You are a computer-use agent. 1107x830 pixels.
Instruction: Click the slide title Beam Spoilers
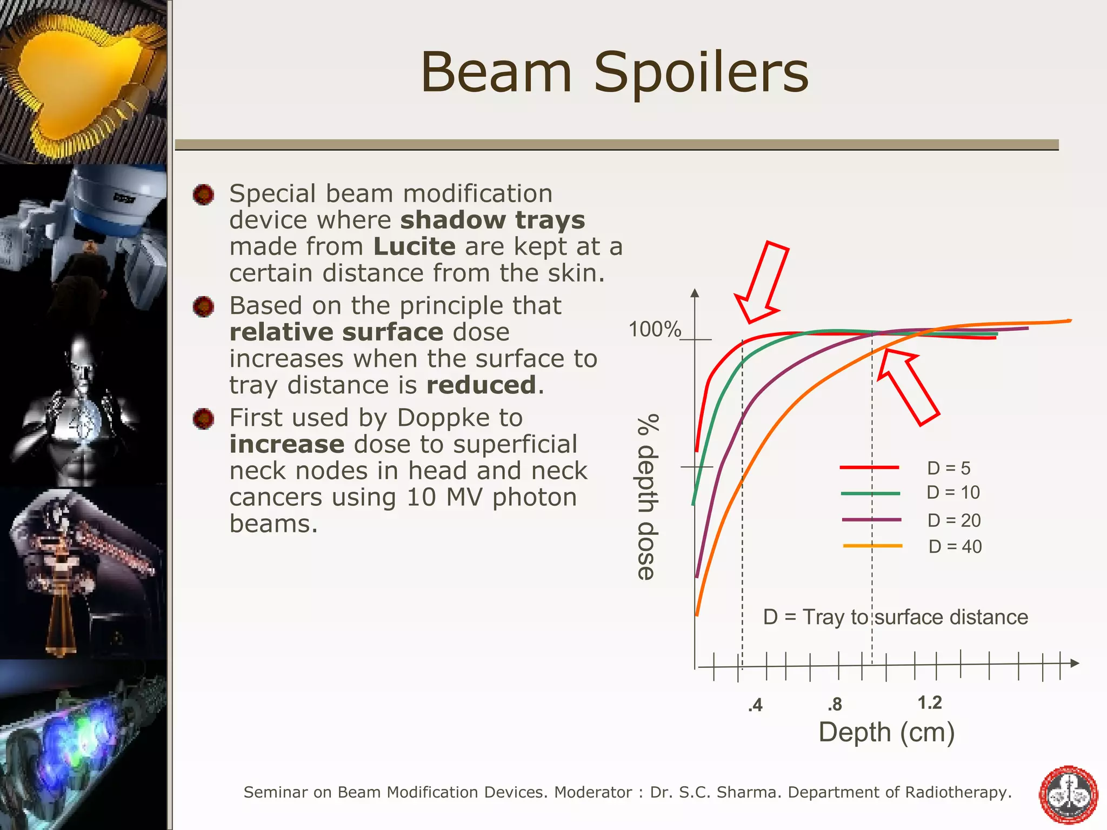(615, 72)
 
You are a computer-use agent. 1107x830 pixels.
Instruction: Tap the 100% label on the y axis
(655, 329)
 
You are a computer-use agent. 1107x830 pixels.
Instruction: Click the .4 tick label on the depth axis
(755, 705)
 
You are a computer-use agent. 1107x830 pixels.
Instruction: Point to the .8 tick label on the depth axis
(835, 704)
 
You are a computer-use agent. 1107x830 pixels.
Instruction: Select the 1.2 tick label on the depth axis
(930, 702)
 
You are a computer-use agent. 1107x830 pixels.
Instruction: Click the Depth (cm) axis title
(886, 732)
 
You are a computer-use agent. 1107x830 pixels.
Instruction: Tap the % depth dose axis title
(648, 497)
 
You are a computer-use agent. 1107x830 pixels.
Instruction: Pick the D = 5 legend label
(949, 468)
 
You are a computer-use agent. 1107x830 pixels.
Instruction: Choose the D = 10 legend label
(953, 492)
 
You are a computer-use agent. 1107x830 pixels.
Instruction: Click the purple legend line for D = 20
(871, 520)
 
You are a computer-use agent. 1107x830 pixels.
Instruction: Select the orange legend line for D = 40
(872, 546)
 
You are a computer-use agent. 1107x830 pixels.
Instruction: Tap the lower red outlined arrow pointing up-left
(908, 386)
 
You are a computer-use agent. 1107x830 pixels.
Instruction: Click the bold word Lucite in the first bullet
(415, 246)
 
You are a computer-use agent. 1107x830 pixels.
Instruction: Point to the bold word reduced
(481, 385)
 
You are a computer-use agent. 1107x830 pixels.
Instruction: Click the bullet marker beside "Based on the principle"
(204, 306)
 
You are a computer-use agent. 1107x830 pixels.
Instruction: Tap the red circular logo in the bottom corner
(1069, 794)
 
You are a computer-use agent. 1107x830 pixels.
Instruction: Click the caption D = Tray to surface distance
(895, 617)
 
